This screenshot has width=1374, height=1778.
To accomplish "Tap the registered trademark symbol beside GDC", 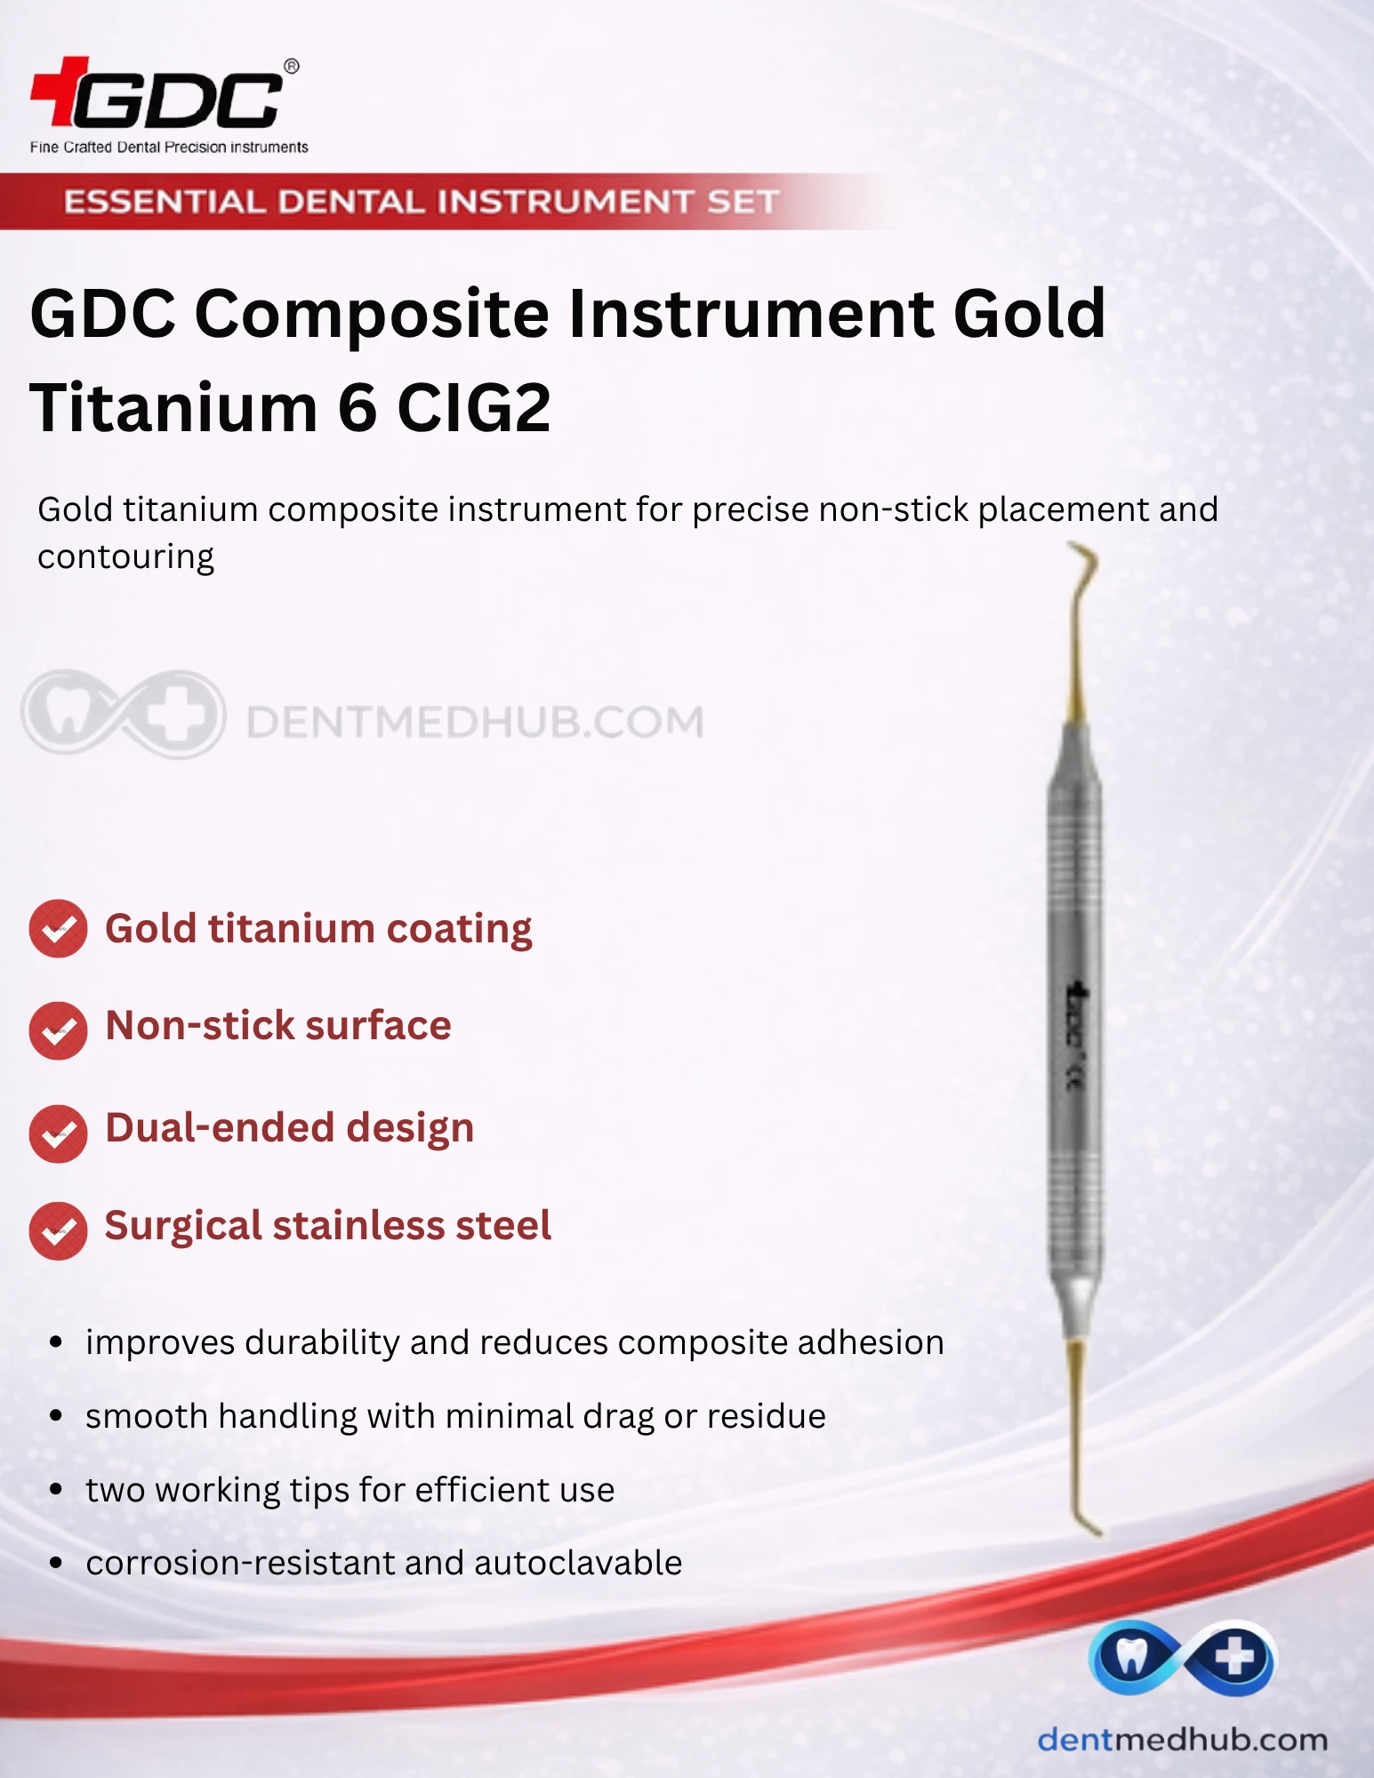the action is click(291, 67).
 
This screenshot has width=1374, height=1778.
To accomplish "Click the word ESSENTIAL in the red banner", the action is click(165, 202).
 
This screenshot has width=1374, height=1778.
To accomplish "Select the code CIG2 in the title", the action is click(473, 408).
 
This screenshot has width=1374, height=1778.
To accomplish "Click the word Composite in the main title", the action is click(372, 316).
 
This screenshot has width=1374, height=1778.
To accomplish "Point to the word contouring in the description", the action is click(125, 557).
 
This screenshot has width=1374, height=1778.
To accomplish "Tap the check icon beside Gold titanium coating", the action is click(58, 929).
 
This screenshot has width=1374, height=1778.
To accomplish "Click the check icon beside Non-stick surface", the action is click(58, 1030).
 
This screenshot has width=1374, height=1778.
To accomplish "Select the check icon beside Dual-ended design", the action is click(58, 1133).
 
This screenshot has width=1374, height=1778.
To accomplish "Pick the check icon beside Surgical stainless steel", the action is click(58, 1231).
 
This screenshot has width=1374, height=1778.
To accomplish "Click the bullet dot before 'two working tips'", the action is click(56, 1489).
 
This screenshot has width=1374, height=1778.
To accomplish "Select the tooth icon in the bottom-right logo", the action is click(1131, 1655).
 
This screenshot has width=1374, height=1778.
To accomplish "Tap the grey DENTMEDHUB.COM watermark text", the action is click(475, 722).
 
